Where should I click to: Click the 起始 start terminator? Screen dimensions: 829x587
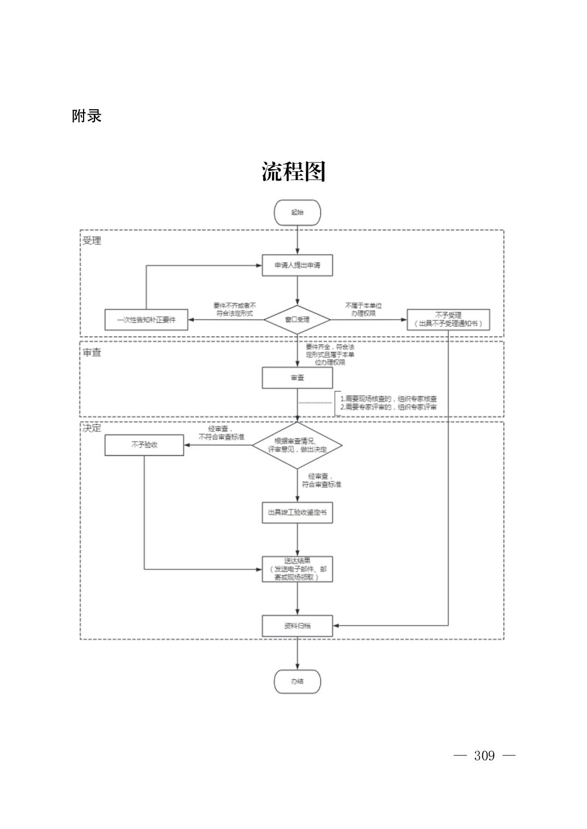pos(297,212)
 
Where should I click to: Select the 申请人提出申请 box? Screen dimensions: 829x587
pos(297,265)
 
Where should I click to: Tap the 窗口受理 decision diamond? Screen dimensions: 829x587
pos(297,319)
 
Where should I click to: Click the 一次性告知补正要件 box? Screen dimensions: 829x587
pos(146,320)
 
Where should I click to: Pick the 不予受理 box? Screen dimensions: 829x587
pos(448,319)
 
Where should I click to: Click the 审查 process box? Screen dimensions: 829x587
pos(297,378)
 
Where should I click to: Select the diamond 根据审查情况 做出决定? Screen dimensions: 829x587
pos(297,445)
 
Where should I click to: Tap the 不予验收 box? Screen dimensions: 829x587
pos(144,445)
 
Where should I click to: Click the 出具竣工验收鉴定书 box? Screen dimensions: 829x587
pos(297,512)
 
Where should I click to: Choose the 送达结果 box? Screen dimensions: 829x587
pos(297,569)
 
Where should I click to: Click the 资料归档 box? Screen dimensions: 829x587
pos(297,625)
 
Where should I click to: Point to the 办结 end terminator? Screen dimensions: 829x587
pos(297,681)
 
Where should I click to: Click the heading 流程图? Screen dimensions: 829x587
pos(293,171)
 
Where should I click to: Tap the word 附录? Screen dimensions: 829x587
pos(86,116)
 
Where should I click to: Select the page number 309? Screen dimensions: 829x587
pos(484,755)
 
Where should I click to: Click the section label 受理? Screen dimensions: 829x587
pos(92,241)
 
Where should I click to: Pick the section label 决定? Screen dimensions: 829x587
pos(92,428)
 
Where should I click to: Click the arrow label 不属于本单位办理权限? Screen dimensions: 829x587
pos(363,309)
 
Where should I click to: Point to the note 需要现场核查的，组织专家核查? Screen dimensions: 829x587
pos(388,399)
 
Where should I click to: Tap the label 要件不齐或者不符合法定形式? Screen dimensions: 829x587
pos(234,309)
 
